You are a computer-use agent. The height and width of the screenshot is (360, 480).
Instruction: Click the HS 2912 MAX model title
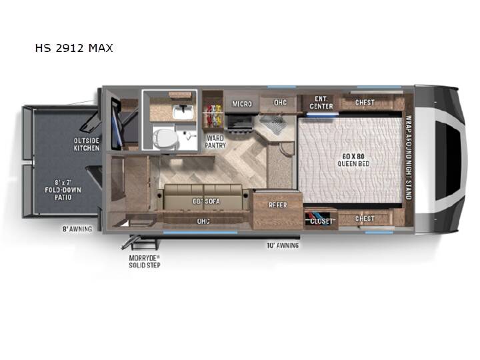[x=74, y=48]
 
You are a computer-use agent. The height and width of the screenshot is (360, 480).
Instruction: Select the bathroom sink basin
[x=183, y=112]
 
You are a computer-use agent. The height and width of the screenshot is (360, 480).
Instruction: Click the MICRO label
[x=242, y=104]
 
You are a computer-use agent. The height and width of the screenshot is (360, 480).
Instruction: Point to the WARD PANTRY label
[x=215, y=142]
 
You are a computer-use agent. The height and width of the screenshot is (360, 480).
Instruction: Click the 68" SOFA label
[x=206, y=201]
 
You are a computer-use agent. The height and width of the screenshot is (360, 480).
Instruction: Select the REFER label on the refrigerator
[x=277, y=205]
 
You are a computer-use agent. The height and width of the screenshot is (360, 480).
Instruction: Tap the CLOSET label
[x=321, y=221]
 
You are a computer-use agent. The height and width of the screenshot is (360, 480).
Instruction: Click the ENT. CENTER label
[x=321, y=103]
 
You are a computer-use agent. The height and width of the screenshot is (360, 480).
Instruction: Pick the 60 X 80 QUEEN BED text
[x=353, y=160]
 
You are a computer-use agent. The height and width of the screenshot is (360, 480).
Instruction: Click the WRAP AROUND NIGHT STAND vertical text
[x=408, y=157]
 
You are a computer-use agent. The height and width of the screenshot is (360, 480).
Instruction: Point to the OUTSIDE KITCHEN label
[x=86, y=145]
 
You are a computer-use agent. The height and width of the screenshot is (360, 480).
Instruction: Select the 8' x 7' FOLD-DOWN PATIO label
[x=63, y=190]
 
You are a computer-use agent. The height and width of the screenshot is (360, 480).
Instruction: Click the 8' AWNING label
[x=77, y=229]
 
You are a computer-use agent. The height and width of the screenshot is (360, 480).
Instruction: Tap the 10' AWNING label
[x=283, y=245]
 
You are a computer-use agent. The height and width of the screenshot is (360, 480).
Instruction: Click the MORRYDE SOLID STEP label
[x=145, y=261]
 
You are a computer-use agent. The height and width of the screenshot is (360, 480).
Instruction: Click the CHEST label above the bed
[x=365, y=102]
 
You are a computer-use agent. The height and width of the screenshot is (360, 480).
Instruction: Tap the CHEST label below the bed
[x=365, y=219]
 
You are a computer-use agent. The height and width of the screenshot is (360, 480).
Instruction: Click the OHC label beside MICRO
[x=280, y=102]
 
